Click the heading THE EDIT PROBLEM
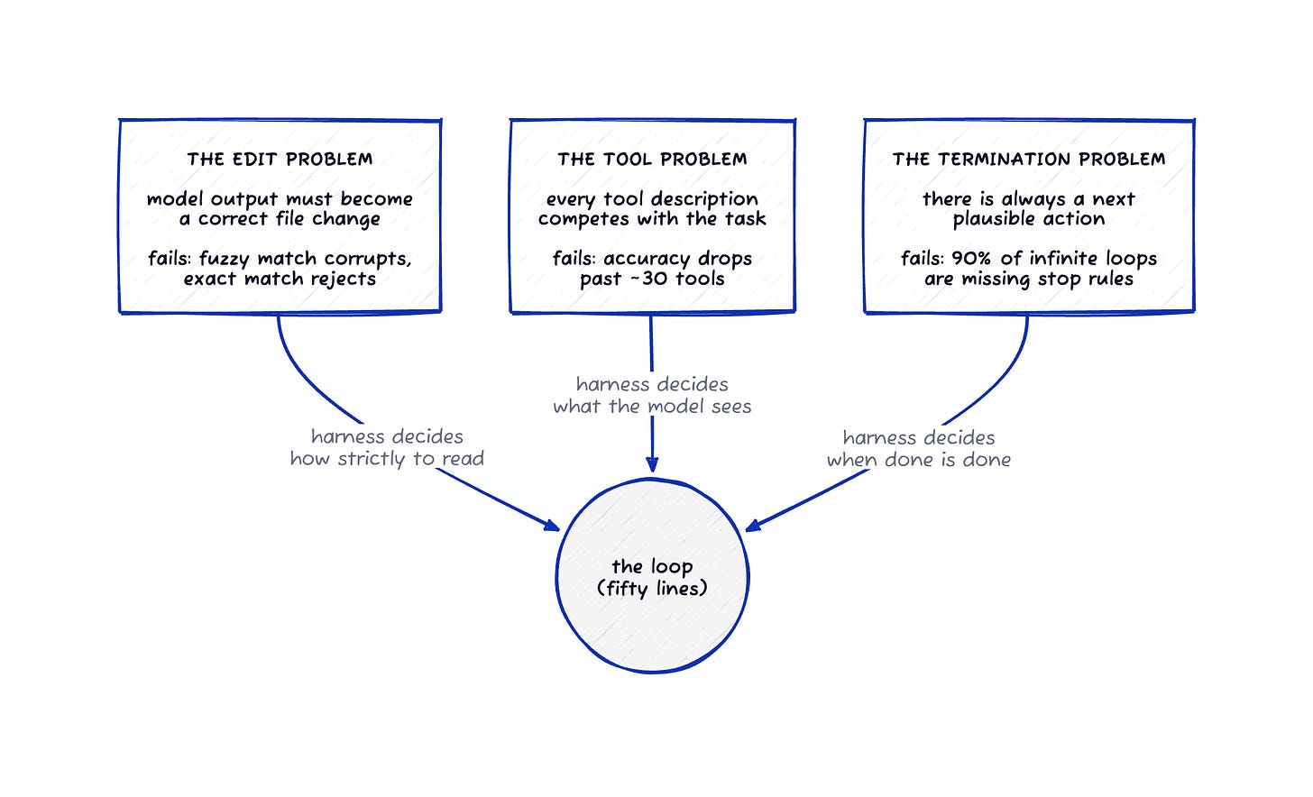pyautogui.click(x=280, y=159)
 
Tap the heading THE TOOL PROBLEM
pyautogui.click(x=652, y=159)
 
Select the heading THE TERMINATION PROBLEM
pyautogui.click(x=1029, y=159)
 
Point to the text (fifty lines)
pyautogui.click(x=652, y=588)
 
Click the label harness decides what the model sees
pyautogui.click(x=652, y=395)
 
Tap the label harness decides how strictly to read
pyautogui.click(x=387, y=447)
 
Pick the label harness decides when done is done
pyautogui.click(x=919, y=448)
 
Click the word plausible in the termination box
pyautogui.click(x=989, y=219)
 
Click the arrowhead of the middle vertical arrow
pyautogui.click(x=652, y=464)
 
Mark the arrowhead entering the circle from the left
pyautogui.click(x=552, y=525)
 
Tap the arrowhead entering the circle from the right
pyautogui.click(x=753, y=525)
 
